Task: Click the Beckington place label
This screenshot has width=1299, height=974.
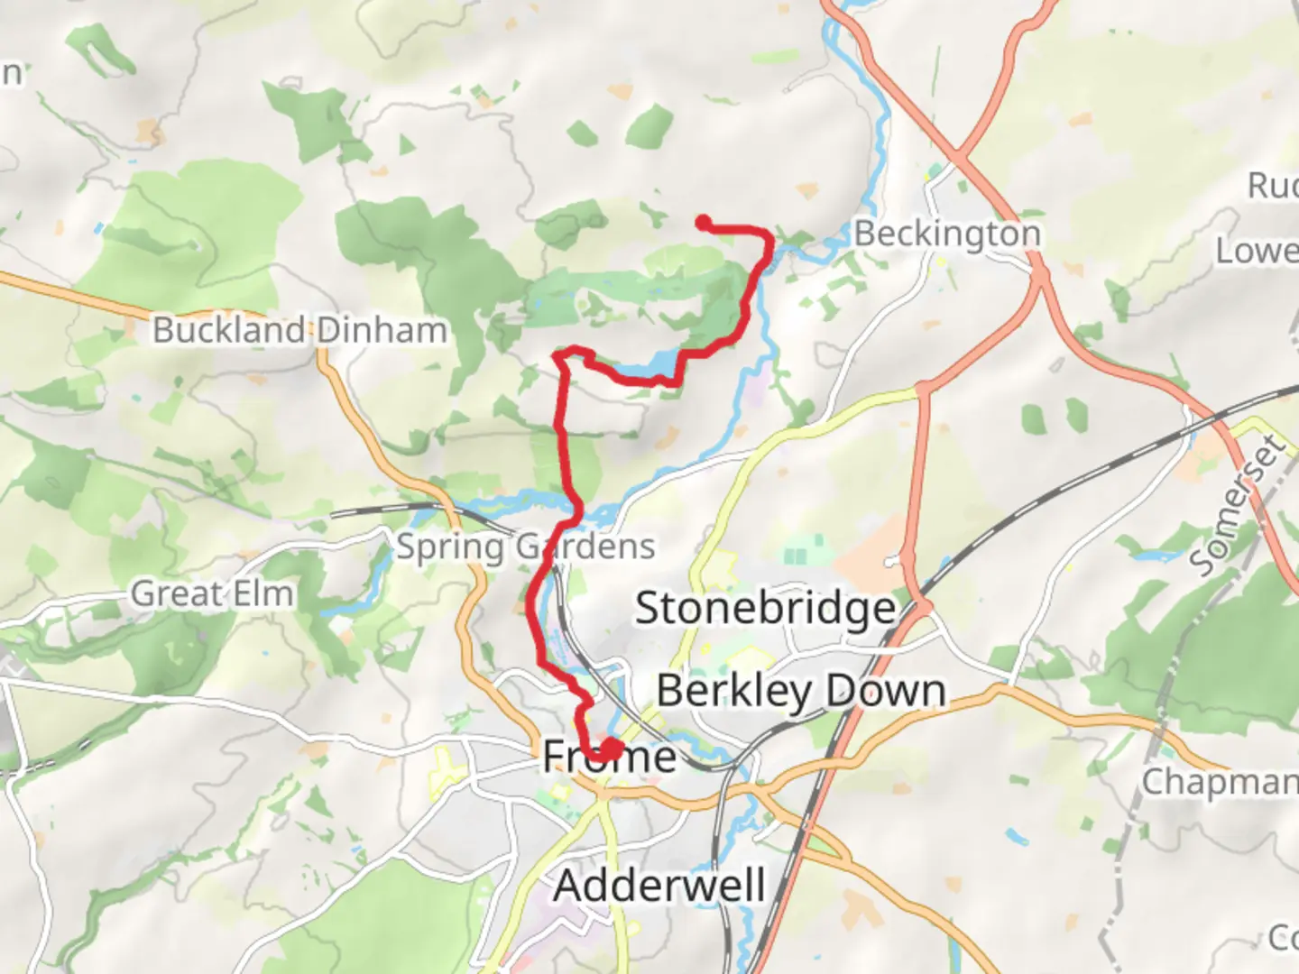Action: coord(947,234)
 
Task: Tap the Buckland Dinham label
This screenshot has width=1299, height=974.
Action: coord(299,330)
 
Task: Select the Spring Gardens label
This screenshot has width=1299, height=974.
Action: coord(526,547)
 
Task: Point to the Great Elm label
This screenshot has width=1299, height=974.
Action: coord(212,594)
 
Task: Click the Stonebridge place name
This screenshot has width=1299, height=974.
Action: coord(766,609)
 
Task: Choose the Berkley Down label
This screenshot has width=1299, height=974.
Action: coord(801,692)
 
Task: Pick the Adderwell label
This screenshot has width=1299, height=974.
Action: coord(659,885)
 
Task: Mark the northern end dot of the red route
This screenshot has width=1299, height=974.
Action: coord(703,223)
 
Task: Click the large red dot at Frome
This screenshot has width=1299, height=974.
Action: coord(612,749)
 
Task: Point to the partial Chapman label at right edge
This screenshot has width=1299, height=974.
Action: coord(1220,782)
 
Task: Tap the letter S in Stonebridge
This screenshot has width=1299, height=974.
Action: coord(648,609)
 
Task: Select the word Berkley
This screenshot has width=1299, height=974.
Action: coord(733,692)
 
